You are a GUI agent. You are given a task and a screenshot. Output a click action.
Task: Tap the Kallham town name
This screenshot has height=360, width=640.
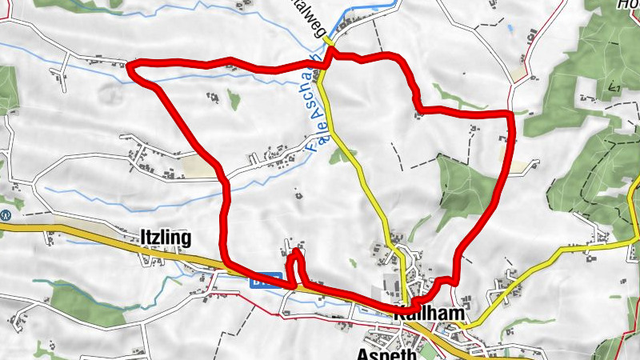[429, 314]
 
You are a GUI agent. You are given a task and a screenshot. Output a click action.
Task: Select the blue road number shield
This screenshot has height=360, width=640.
[267, 282]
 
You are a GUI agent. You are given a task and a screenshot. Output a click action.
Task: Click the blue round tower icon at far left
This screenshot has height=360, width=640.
[6, 214]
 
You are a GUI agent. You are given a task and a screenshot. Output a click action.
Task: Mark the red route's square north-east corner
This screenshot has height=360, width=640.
[510, 114]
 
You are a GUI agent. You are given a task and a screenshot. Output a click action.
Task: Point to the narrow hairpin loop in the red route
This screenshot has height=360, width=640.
[295, 256]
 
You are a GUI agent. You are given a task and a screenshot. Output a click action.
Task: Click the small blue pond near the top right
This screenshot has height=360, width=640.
[510, 31]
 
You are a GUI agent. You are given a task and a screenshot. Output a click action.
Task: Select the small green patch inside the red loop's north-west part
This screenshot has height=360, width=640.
[234, 99]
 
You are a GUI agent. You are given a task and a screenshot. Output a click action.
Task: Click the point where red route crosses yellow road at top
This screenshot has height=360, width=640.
[327, 59]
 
